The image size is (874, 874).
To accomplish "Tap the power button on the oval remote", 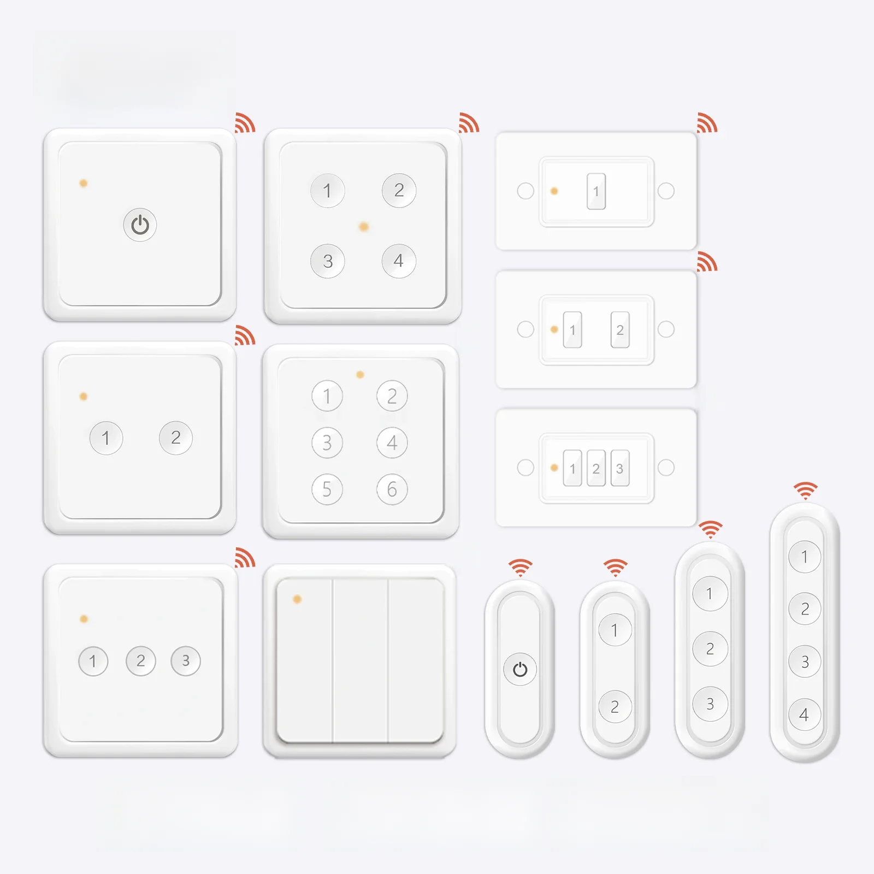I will [519, 669].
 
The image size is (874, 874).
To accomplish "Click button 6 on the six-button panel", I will [392, 489].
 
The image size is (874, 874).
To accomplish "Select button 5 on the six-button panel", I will [327, 489].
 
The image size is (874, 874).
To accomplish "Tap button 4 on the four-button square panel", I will [399, 261].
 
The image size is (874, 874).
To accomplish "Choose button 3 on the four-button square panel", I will [327, 261].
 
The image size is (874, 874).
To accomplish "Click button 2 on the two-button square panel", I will [175, 438].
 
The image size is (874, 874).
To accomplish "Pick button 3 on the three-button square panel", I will [186, 661].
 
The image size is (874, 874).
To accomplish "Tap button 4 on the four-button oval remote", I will [804, 714].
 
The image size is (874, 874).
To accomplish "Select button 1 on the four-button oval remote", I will [804, 557].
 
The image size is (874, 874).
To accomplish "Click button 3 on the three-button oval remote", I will [710, 704].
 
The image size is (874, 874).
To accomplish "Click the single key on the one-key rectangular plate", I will [596, 191].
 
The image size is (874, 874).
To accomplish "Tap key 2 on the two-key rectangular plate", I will [620, 330].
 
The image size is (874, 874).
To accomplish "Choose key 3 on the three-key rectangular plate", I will [619, 468].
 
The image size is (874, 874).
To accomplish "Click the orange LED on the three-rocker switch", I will [297, 599].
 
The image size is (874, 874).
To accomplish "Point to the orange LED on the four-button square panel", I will [364, 226].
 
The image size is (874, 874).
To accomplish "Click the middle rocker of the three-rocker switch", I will [361, 660].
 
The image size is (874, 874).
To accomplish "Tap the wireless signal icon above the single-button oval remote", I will [520, 568].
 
